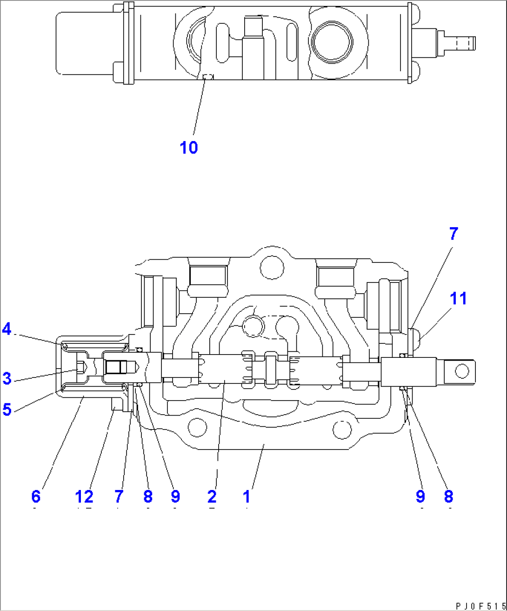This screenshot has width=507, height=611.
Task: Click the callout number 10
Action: (x=189, y=148)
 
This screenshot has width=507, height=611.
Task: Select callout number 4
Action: (x=7, y=329)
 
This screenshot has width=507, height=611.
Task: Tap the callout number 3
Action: (x=7, y=378)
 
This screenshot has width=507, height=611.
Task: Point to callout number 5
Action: (x=7, y=410)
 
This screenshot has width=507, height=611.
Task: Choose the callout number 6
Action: (x=36, y=497)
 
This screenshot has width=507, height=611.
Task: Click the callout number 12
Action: (x=84, y=497)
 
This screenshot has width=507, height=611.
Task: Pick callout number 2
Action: (x=212, y=497)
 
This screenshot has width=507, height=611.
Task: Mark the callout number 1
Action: (x=247, y=497)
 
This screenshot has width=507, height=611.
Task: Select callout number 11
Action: (x=459, y=298)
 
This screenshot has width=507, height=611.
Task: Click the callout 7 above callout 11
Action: (x=454, y=234)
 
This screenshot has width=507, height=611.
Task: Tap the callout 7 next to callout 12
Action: (x=119, y=497)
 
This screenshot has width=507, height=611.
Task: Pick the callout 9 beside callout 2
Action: (x=175, y=497)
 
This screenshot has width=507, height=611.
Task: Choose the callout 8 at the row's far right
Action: (x=448, y=497)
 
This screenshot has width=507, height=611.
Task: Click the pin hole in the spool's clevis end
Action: (x=461, y=371)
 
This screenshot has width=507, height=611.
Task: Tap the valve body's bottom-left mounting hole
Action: (x=198, y=427)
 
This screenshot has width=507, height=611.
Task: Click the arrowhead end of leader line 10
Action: (x=205, y=78)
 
